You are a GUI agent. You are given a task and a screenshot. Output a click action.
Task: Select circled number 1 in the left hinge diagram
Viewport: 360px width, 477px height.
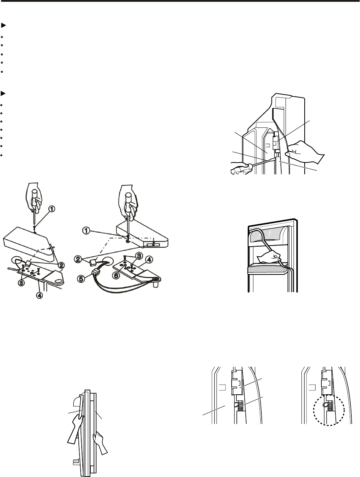[x=52, y=209]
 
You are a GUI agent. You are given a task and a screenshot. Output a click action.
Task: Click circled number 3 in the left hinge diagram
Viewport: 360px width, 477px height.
[x=22, y=282]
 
